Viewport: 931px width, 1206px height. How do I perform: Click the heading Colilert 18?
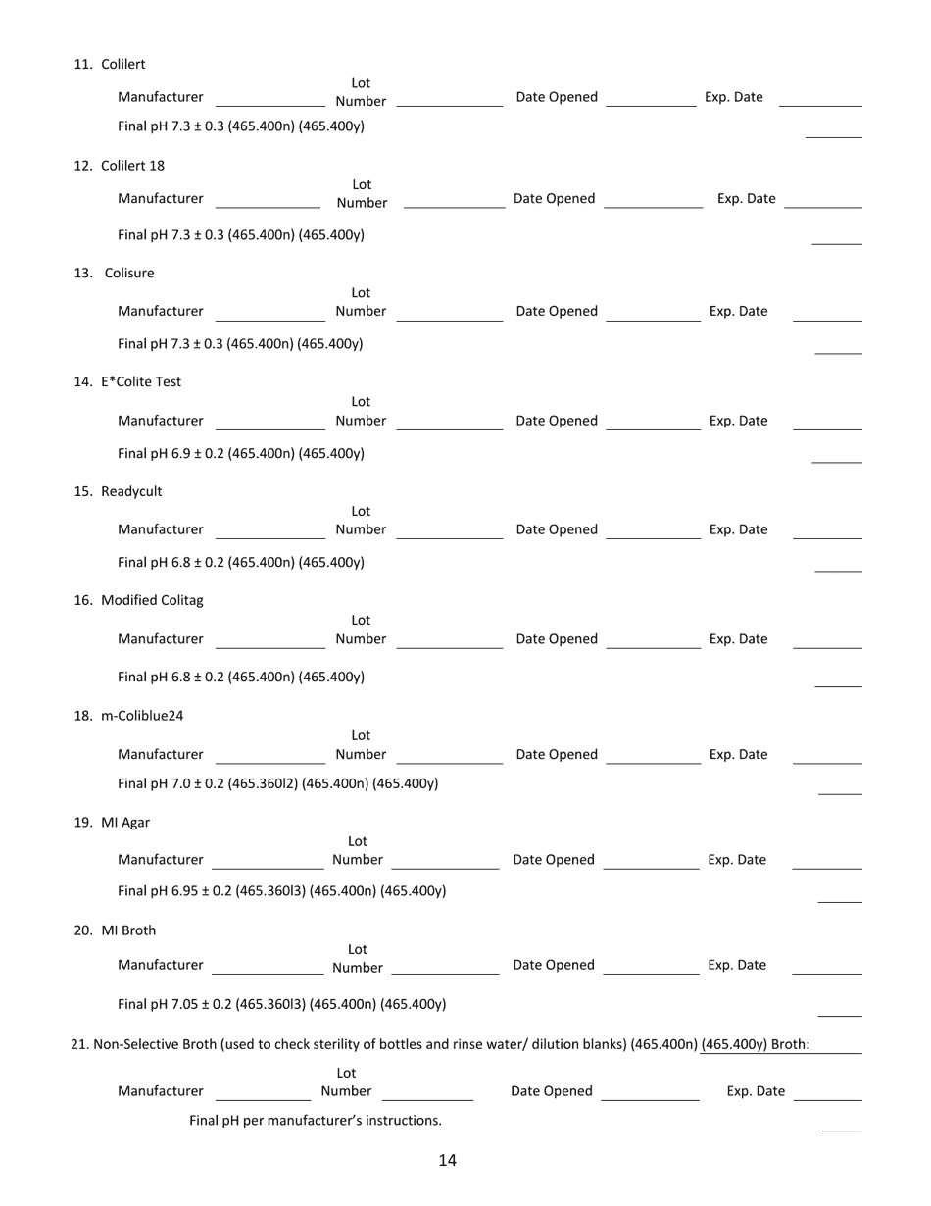coord(132,165)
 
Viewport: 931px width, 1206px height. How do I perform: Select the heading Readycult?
coord(131,491)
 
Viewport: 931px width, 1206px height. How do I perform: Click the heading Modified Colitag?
coord(152,600)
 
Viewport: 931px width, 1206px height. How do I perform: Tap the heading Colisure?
coord(128,273)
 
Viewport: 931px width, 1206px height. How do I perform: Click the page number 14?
coord(447,1161)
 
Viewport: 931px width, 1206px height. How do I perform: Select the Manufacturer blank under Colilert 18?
coord(268,205)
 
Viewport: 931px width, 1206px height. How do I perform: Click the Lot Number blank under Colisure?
coord(450,317)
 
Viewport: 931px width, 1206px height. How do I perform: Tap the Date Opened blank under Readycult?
coord(654,535)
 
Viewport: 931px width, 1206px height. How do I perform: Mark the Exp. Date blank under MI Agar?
coord(826,866)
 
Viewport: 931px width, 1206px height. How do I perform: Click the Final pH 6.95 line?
coord(281,891)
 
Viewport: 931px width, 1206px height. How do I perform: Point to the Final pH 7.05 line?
coord(281,1004)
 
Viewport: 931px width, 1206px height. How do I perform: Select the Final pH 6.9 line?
coord(240,454)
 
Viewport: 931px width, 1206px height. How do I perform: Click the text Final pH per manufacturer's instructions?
coord(316,1121)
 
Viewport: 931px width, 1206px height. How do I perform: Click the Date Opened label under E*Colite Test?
coord(557,421)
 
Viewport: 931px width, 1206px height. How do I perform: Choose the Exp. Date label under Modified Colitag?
coord(738,639)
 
